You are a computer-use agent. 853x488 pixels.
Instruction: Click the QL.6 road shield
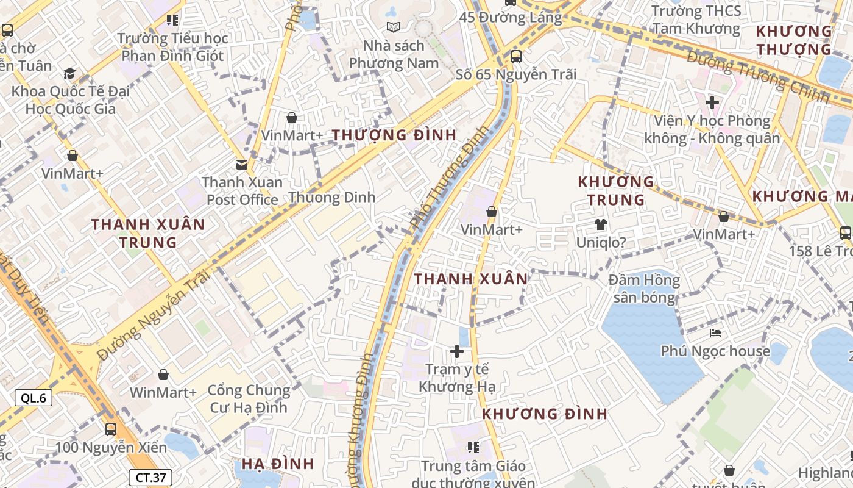34,398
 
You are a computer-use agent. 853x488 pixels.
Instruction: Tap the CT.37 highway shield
150,478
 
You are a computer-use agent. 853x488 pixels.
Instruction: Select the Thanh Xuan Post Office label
242,191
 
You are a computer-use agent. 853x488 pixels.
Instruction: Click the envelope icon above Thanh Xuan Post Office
242,164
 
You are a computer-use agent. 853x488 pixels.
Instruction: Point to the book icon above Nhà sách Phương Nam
394,27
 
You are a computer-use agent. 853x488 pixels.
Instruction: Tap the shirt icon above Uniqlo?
601,224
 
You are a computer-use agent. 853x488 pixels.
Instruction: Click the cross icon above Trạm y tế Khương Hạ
457,351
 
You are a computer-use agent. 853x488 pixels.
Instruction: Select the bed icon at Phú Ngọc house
715,333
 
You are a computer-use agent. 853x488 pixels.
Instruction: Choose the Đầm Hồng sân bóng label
645,289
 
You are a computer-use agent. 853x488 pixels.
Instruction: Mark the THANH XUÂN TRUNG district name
148,233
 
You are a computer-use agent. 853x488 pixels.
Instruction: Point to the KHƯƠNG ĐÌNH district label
545,414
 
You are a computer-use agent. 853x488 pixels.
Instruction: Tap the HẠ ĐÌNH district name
278,464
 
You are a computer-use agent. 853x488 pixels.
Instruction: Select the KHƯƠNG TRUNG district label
615,190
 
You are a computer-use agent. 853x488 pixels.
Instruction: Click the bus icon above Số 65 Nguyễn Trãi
515,57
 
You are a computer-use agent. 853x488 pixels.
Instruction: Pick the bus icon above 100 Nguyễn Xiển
111,429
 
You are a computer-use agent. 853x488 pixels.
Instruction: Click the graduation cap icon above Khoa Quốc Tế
70,74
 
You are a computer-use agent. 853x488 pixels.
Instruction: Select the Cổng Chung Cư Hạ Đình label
249,398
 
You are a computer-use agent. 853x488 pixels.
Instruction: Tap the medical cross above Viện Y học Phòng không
712,102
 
